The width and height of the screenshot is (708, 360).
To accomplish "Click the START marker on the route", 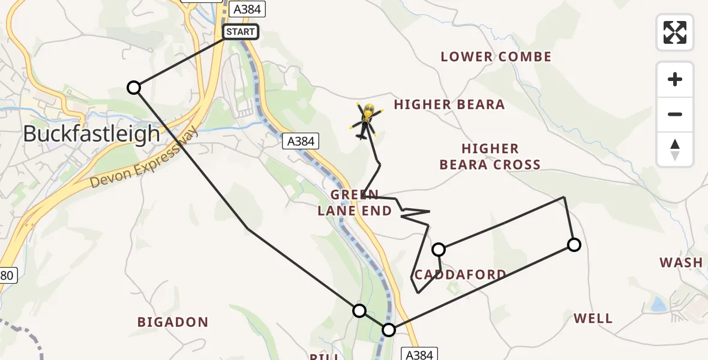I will tap(241, 31).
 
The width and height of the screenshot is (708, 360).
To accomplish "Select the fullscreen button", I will tap(675, 32).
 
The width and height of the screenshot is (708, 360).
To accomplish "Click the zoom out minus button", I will tap(675, 114).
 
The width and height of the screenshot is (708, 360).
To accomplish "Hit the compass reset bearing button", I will tap(675, 149).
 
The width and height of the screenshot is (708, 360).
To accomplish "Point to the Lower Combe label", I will tap(496, 57).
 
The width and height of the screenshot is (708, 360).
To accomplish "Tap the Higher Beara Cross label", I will tap(490, 157).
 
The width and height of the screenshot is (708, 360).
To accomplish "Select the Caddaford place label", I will tap(460, 275).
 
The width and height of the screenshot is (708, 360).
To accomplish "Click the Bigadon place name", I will tap(173, 322).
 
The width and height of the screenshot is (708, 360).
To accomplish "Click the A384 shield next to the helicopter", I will tap(301, 141).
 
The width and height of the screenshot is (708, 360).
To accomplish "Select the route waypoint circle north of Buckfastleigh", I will tap(134, 88).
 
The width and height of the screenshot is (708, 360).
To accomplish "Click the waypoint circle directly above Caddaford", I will tap(439, 249).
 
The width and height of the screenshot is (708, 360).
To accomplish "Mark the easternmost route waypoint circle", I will tap(574, 244).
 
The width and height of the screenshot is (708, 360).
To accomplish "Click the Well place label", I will tap(593, 318).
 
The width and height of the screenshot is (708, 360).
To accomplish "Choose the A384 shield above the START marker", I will tap(247, 9).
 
